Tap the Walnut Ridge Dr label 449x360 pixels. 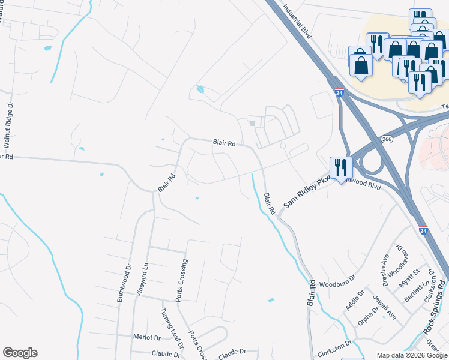click(8, 125)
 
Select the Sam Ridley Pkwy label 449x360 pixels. click(304, 193)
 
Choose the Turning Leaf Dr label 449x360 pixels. click(171, 328)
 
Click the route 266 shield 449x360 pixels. click(387, 139)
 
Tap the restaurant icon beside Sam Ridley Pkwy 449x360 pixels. click(341, 167)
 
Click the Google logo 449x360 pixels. click(20, 353)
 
